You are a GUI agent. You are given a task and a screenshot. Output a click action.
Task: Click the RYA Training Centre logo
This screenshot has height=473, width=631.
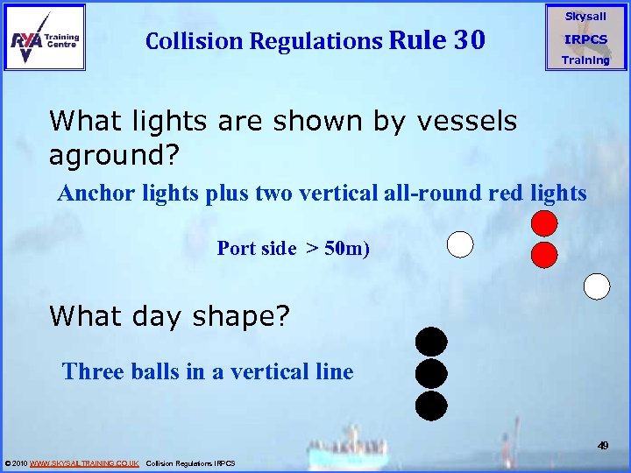[45, 37]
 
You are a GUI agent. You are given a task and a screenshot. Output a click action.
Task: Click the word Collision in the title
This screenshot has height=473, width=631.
[197, 41]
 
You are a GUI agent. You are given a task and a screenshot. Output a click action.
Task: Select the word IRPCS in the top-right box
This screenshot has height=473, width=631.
[585, 39]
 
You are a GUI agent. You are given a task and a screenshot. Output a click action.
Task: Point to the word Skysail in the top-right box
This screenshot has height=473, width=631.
[585, 17]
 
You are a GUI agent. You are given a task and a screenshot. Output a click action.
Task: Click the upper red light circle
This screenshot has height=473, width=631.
[544, 223]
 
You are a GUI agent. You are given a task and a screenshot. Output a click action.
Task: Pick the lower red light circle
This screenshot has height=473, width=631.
[544, 255]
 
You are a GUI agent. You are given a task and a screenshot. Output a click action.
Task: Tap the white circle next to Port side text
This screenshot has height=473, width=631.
[460, 244]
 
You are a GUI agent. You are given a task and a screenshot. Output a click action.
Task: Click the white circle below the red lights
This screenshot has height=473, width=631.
[597, 286]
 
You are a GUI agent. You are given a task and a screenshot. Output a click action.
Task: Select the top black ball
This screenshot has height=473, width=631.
[431, 342]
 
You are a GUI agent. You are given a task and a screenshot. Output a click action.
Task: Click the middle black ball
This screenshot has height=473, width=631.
[431, 374]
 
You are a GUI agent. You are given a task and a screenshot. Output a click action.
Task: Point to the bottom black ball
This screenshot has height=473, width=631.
[431, 406]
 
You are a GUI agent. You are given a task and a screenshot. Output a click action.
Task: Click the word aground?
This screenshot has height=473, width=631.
[114, 156]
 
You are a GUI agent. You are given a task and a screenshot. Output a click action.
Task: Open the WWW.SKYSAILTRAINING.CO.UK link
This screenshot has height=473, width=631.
[84, 463]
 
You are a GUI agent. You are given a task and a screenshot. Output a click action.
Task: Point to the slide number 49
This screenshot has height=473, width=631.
[603, 446]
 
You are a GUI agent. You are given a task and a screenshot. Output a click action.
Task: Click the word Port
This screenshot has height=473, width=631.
[236, 249]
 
